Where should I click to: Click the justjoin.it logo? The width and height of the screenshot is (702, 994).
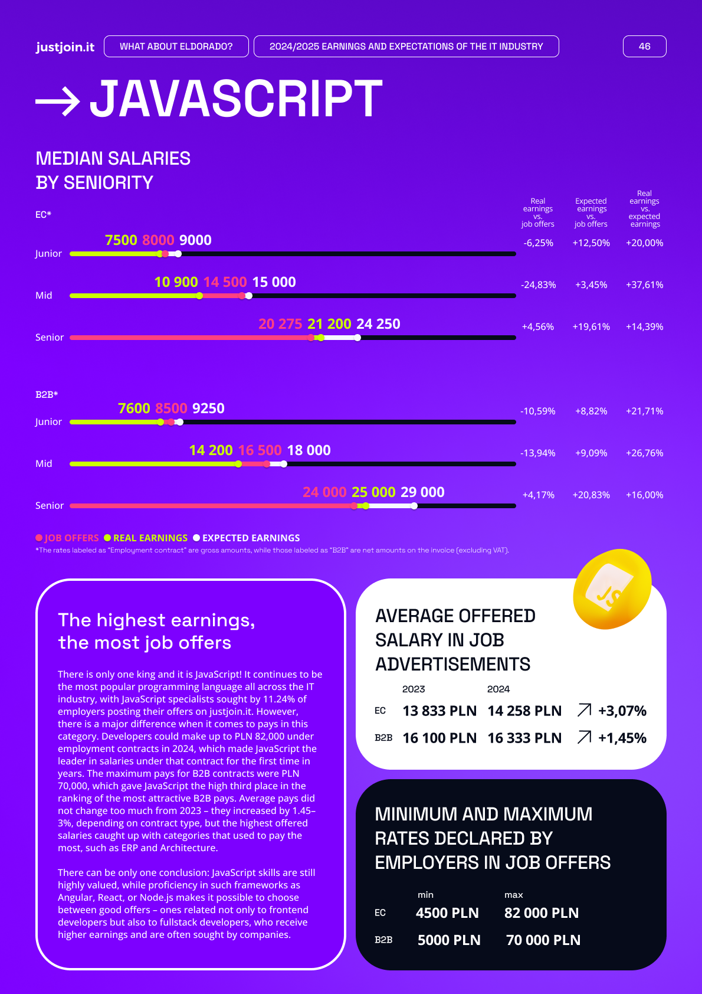tap(65, 47)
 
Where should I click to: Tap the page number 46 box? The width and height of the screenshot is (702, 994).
tap(644, 47)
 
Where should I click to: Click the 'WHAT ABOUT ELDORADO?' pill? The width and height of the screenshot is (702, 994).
tap(176, 47)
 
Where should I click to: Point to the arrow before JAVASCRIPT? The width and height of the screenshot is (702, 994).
tap(58, 101)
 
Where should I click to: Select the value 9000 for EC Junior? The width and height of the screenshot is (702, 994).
tap(195, 240)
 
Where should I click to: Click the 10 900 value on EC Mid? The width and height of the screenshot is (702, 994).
tap(176, 282)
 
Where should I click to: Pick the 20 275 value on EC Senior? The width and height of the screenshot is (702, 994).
tap(280, 324)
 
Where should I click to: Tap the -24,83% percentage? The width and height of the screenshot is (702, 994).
tap(538, 285)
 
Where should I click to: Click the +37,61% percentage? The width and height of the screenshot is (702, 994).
tap(644, 285)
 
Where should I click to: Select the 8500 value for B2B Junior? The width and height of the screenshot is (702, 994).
tap(171, 408)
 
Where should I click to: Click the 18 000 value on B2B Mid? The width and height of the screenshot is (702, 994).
tap(309, 450)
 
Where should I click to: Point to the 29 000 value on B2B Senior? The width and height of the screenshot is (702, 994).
tap(422, 492)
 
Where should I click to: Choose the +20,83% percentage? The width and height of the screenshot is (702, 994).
tap(591, 495)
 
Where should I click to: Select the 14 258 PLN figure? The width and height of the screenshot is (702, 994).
tap(524, 711)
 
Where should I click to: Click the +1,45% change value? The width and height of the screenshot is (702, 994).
tap(622, 738)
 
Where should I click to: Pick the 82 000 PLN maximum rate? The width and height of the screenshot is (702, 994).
tap(542, 913)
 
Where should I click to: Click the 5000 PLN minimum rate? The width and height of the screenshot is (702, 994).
tap(449, 940)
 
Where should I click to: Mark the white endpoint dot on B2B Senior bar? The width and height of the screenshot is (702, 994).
tap(415, 506)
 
